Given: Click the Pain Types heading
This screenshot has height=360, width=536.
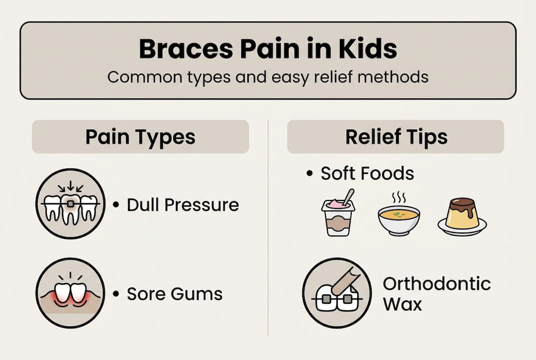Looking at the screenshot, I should coord(140,137).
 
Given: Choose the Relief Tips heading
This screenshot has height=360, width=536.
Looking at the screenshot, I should coord(396,137).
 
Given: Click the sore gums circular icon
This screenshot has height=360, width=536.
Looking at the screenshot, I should coord(70,293).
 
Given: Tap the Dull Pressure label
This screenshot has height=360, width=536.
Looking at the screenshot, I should coord(183,205).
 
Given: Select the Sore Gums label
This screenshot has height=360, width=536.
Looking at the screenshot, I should coord(174,294).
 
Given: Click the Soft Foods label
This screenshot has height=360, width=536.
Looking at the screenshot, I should coord(367,173).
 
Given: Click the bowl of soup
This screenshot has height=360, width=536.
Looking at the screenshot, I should coord(398,219).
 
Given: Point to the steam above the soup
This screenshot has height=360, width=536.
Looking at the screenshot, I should coord(398,197).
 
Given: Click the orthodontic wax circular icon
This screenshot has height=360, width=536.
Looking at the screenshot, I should coord(338,293).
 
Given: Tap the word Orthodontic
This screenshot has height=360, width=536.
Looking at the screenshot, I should coord(437,284).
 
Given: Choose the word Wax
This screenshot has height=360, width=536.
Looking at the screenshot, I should coord(402,304).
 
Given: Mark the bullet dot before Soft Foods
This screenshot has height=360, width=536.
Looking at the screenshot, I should coord(310,174).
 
